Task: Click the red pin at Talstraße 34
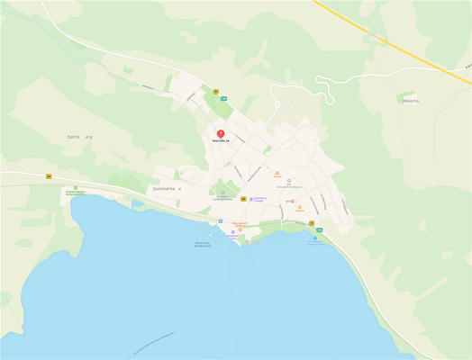click(x=221, y=134)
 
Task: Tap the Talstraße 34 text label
click(x=221, y=141)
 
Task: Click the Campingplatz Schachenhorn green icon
click(x=76, y=187)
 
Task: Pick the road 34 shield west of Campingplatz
click(x=50, y=176)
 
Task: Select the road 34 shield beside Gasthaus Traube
click(x=242, y=199)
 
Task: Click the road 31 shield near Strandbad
click(x=312, y=222)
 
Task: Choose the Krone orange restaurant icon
click(x=277, y=173)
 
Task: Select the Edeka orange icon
click(x=300, y=206)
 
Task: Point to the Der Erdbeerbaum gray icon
click(x=289, y=181)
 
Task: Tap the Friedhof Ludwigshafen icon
click(x=222, y=192)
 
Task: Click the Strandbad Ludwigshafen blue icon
click(x=315, y=238)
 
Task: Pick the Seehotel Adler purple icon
click(x=233, y=231)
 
